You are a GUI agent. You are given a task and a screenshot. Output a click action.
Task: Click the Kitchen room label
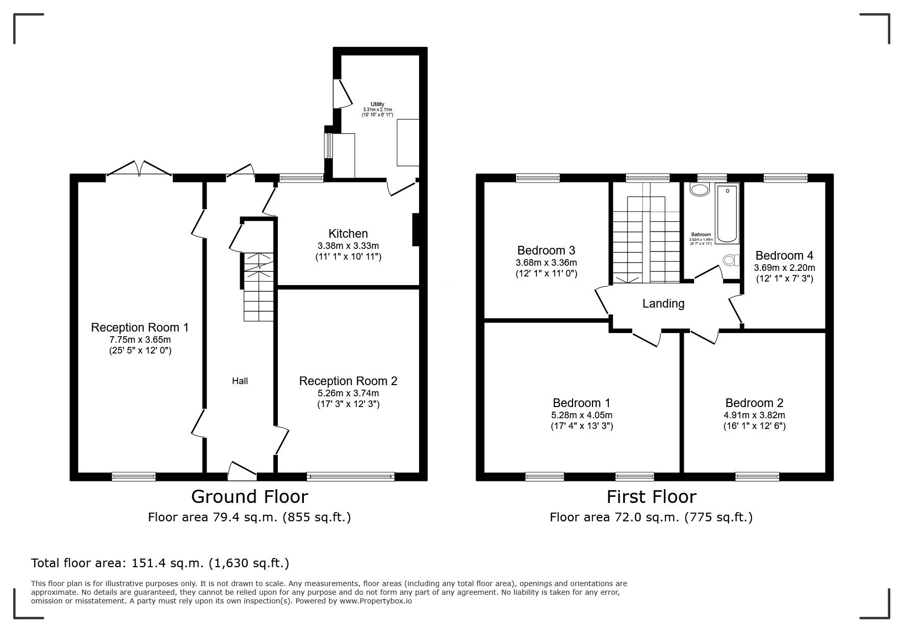pyautogui.click(x=348, y=234)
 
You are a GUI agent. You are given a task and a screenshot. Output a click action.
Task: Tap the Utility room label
pyautogui.click(x=377, y=104)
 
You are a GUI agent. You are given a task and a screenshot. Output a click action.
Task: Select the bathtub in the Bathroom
pyautogui.click(x=727, y=214)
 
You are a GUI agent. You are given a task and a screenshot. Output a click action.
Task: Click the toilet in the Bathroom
pyautogui.click(x=730, y=261)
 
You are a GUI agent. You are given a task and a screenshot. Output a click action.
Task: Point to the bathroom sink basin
pyautogui.click(x=699, y=190)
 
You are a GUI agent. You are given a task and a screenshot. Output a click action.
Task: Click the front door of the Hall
pyautogui.click(x=242, y=471)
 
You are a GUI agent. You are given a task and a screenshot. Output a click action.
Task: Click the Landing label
pyautogui.click(x=663, y=304)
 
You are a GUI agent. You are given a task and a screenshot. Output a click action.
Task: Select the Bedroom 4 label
pyautogui.click(x=784, y=256)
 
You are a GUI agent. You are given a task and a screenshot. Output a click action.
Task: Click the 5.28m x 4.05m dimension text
pyautogui.click(x=581, y=415)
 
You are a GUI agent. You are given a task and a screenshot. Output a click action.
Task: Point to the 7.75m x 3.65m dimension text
pyautogui.click(x=140, y=339)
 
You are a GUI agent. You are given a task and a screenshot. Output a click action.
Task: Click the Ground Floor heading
pyautogui.click(x=249, y=496)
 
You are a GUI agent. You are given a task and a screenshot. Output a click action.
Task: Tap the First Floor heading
pyautogui.click(x=651, y=496)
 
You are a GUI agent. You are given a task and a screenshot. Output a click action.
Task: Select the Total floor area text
pyautogui.click(x=160, y=563)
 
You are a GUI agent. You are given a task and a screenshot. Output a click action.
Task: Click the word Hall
pyautogui.click(x=240, y=381)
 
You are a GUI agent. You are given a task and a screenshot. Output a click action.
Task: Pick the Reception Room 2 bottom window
pyautogui.click(x=351, y=476)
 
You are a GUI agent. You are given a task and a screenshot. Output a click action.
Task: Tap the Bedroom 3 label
pyautogui.click(x=546, y=250)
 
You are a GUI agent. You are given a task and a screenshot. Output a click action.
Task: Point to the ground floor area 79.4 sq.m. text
pyautogui.click(x=249, y=517)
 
